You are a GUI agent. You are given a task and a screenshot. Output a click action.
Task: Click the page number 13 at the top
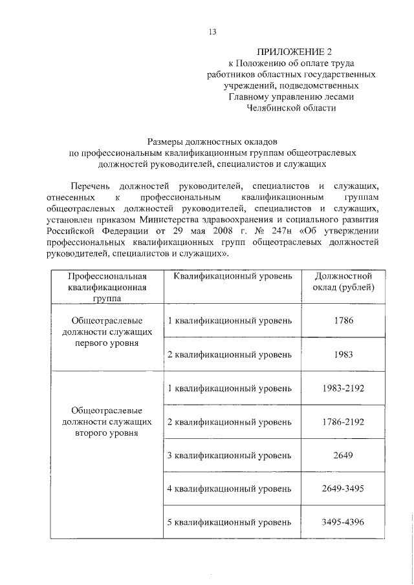click(212, 32)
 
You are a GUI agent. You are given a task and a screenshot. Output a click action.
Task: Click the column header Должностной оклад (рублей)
click(340, 282)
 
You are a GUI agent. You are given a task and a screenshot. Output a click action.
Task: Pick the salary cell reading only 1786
click(340, 321)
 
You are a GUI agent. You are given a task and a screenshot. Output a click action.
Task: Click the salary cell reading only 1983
click(340, 355)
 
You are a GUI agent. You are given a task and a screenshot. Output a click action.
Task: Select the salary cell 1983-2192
click(340, 388)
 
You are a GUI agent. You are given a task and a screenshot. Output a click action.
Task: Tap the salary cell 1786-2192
click(340, 422)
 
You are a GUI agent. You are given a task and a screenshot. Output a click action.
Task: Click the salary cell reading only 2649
click(340, 456)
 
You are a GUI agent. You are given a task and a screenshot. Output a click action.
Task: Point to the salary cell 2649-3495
click(340, 489)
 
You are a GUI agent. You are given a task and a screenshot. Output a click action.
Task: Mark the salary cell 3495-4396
click(340, 523)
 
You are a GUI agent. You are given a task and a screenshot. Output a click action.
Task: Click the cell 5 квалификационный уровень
click(230, 523)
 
